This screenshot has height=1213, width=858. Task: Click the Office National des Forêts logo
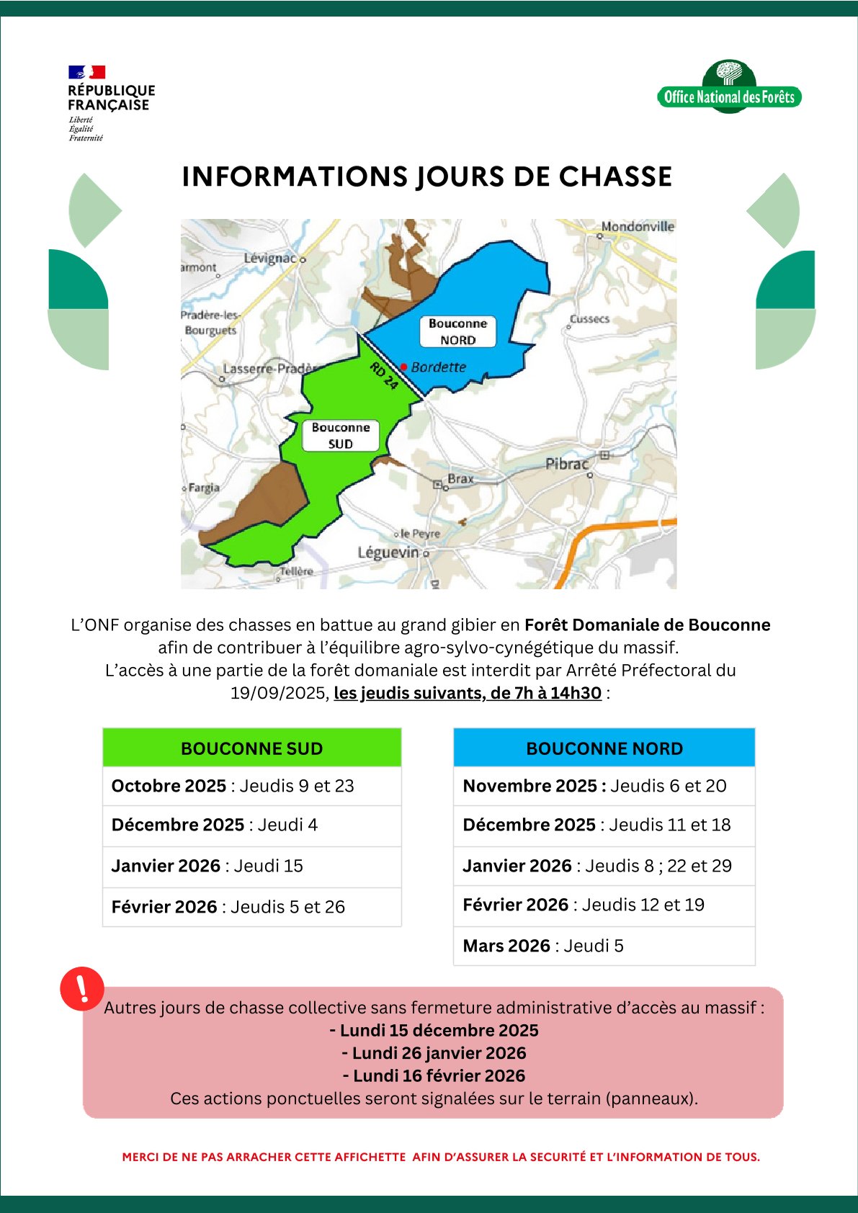coord(729,89)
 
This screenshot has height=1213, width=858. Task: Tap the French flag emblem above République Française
coord(86,72)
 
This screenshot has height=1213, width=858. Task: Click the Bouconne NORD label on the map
coord(457,332)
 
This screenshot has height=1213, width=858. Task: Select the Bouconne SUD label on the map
coord(340,436)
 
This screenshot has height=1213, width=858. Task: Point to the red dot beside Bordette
coord(404,367)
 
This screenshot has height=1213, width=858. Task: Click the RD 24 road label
coord(384,376)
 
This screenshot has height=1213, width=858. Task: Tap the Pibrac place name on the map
coord(566,464)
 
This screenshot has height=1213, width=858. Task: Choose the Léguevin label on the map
coord(388,552)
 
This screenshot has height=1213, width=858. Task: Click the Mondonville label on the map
coord(638,227)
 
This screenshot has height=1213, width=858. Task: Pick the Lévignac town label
coord(269,258)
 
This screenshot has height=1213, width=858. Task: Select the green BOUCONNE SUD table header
coord(251,748)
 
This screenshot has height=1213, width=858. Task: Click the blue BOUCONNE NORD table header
coord(604,748)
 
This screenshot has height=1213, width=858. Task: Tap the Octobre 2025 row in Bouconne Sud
coord(233,786)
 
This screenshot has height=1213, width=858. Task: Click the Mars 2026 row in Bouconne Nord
coord(543,946)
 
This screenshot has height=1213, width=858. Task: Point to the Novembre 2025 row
coord(594,786)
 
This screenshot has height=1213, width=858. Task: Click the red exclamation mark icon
coord(82,988)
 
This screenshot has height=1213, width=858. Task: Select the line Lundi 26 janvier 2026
coord(434,1053)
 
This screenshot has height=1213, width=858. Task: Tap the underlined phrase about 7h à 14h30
coord(468,693)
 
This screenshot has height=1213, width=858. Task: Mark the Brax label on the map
coord(461,478)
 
